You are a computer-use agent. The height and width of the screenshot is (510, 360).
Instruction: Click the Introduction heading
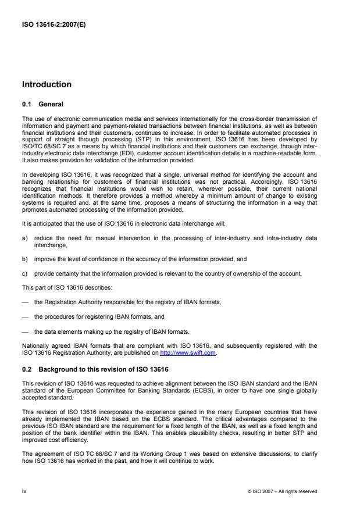[47, 85]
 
